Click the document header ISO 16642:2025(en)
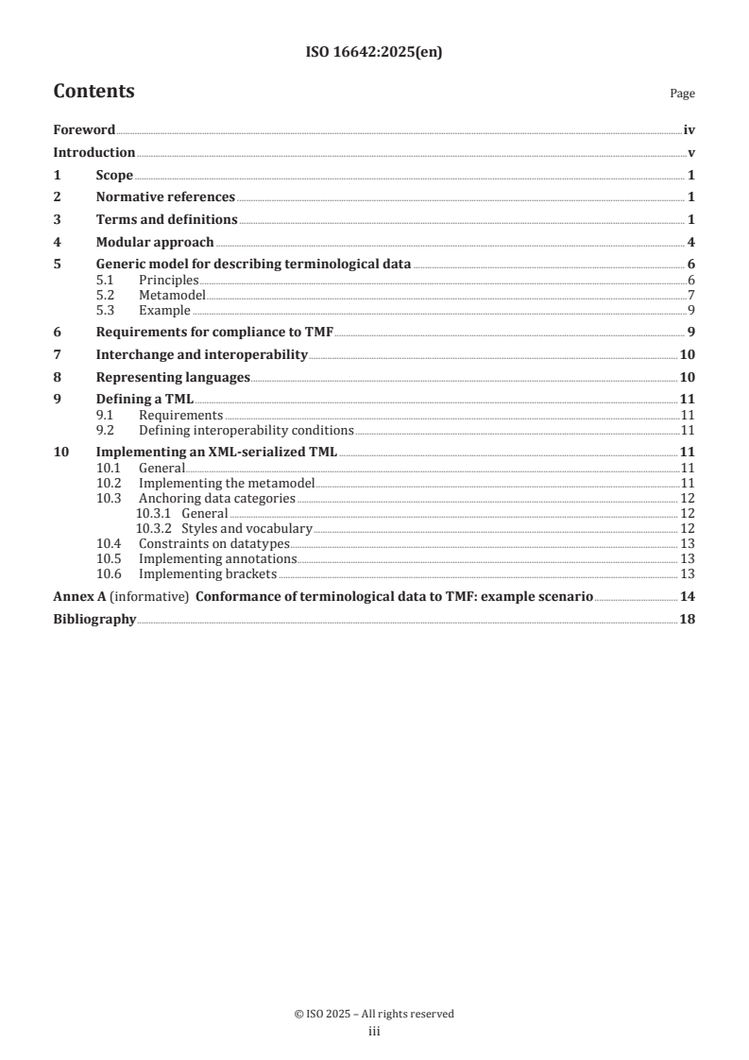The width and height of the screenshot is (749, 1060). pyautogui.click(x=374, y=54)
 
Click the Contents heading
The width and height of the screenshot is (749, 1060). pyautogui.click(x=94, y=92)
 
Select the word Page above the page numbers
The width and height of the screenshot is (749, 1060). pyautogui.click(x=682, y=94)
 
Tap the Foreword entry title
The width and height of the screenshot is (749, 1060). pyautogui.click(x=84, y=130)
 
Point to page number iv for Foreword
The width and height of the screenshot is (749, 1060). pyautogui.click(x=689, y=130)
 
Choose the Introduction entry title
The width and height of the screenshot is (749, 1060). pyautogui.click(x=94, y=153)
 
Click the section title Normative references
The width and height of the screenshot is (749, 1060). pyautogui.click(x=165, y=197)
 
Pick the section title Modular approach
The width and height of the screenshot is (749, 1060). pyautogui.click(x=155, y=242)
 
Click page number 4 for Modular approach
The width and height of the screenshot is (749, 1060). pyautogui.click(x=691, y=242)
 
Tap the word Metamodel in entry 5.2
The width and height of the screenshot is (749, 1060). pyautogui.click(x=172, y=295)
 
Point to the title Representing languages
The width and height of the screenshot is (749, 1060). pyautogui.click(x=173, y=377)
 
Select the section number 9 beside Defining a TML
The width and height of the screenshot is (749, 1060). pyautogui.click(x=58, y=400)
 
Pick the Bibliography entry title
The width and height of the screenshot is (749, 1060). pyautogui.click(x=94, y=620)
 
